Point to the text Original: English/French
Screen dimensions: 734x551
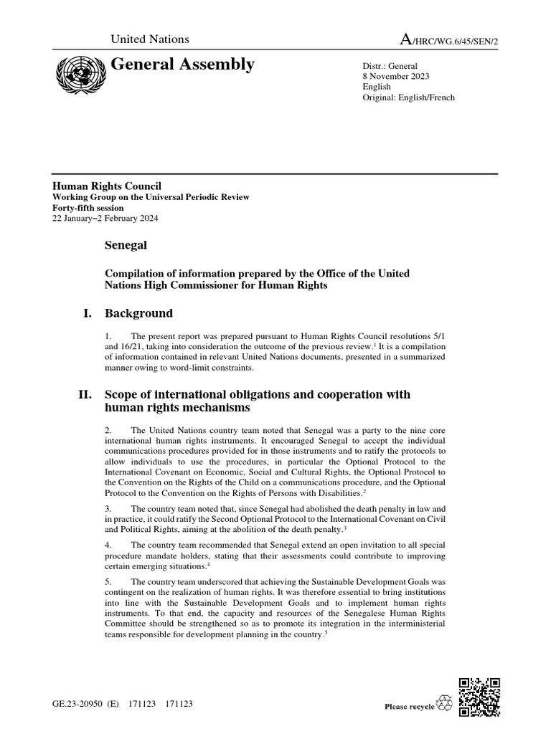tap(408, 97)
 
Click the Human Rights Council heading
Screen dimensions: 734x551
tap(106, 186)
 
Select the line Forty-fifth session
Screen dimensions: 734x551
tap(87, 208)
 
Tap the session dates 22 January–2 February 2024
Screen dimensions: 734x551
tap(105, 219)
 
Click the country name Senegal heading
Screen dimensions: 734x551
tap(126, 245)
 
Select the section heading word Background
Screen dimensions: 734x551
tap(138, 313)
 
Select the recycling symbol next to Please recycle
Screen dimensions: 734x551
tap(445, 705)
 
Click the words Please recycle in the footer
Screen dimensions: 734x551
tap(409, 707)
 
